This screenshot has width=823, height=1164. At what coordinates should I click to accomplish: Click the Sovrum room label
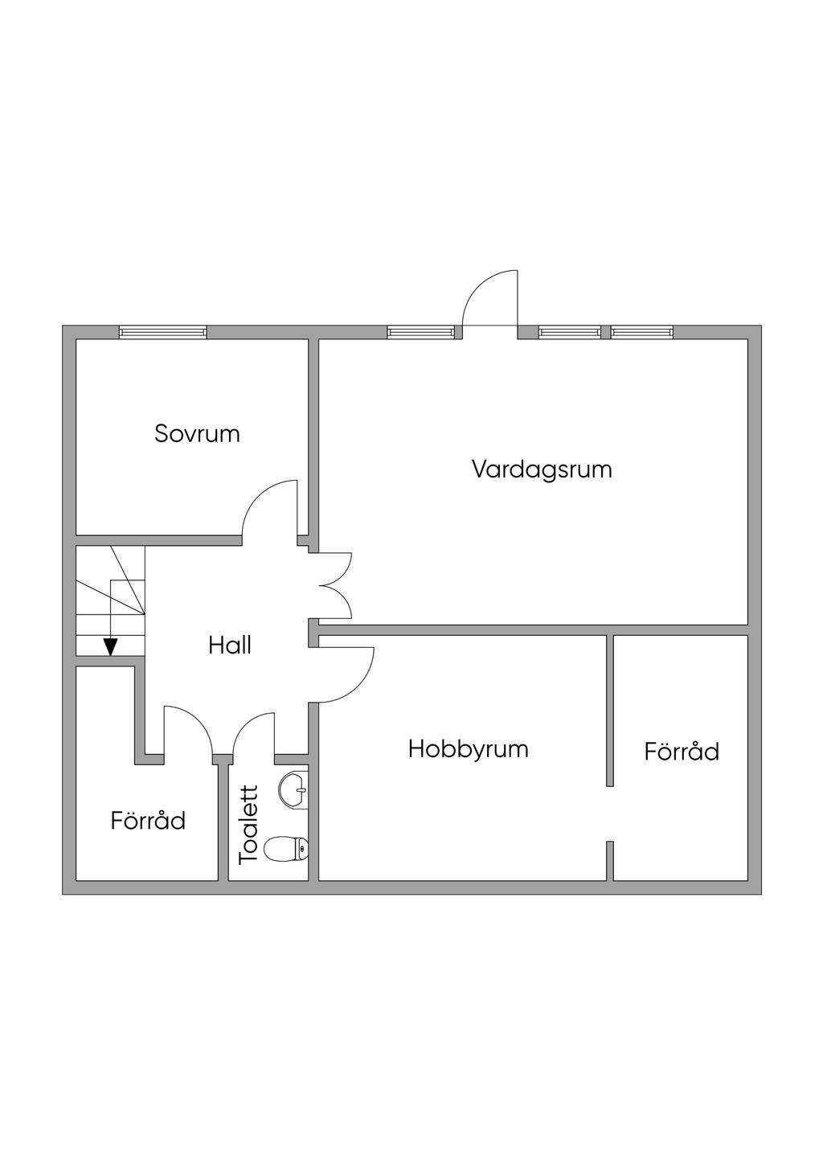point(197,434)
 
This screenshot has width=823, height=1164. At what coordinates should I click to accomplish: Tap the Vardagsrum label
point(542,469)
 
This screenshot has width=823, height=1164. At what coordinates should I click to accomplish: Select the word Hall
point(230,645)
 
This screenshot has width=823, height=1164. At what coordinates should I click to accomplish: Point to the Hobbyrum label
point(468,749)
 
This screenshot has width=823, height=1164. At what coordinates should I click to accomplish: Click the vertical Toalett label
point(250,824)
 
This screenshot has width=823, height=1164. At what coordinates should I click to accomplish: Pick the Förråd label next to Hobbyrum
point(682,752)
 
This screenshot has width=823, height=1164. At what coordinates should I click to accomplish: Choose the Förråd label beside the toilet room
point(148,821)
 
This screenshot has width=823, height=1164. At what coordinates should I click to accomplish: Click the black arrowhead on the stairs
point(110,646)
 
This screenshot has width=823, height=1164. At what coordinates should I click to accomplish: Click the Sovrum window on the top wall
point(163,331)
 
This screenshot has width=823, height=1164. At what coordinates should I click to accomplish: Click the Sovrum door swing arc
point(269,506)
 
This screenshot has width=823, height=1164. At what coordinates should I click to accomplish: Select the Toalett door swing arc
point(253,732)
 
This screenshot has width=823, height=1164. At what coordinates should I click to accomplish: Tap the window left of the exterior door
point(420,331)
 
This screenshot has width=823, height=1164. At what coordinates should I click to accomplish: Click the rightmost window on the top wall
point(641,331)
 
